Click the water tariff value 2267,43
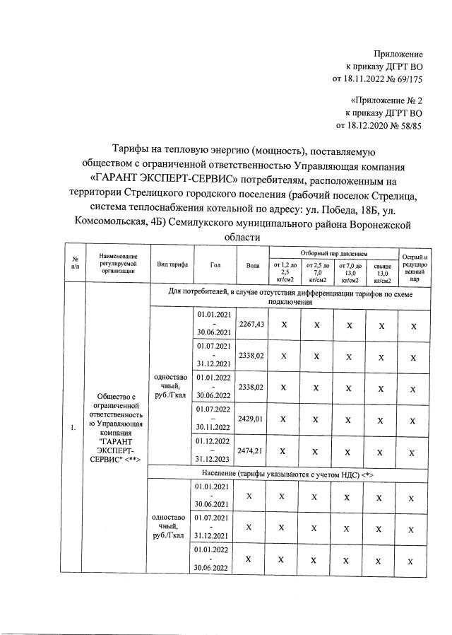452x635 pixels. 251,323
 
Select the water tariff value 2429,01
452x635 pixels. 251,419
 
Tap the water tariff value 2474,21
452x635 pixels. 251,450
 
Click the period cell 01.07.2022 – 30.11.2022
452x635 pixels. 214,419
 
